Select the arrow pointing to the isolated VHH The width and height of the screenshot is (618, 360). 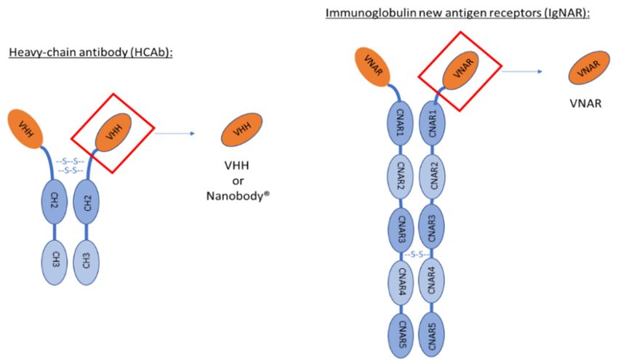pos(175,133)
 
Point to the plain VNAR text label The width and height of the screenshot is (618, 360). pos(584,104)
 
